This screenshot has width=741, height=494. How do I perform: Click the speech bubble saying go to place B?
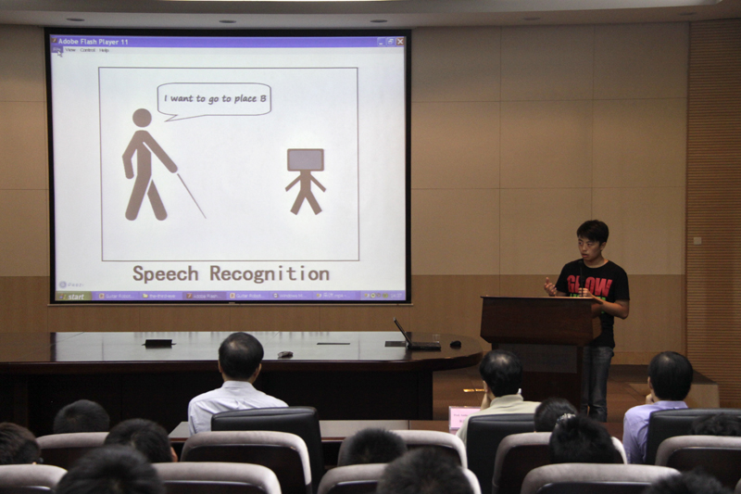click(214, 98)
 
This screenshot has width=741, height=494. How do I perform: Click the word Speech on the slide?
click(165, 273)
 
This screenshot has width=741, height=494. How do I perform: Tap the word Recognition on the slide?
click(270, 273)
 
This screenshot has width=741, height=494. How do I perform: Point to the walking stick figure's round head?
click(141, 118)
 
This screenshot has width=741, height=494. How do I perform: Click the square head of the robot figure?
click(305, 159)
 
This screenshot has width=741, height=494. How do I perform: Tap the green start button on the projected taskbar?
click(73, 297)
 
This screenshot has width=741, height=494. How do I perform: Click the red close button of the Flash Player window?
click(400, 42)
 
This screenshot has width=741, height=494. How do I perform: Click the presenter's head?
click(592, 239)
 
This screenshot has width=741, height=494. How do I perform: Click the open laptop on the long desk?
click(411, 337)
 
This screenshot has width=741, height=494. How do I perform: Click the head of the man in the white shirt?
click(241, 355)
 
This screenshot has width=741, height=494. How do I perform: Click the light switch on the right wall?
click(697, 240)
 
